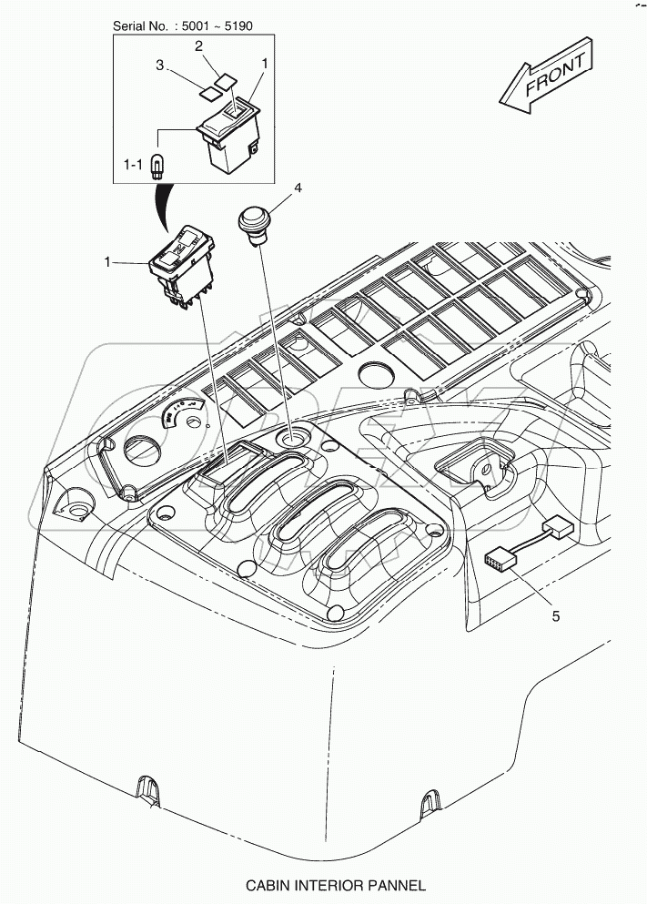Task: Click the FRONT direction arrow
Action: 546,78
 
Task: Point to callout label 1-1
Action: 134,165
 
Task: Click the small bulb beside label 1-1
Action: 159,167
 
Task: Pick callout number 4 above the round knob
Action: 298,190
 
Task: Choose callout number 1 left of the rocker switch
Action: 107,263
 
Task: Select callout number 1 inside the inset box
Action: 265,64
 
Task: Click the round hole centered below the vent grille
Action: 374,373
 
